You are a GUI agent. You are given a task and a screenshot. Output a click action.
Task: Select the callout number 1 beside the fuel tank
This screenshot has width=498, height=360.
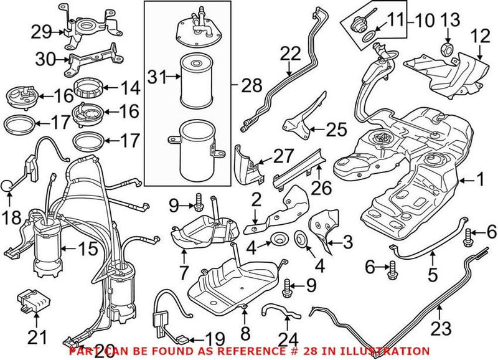pyautogui.click(x=480, y=181)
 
